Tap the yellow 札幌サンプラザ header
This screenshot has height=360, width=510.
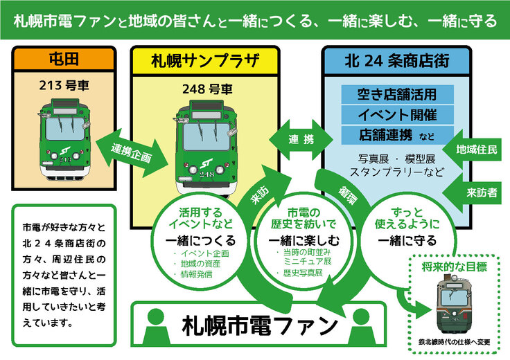click(x=205, y=60)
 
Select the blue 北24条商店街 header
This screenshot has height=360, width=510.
click(x=397, y=60)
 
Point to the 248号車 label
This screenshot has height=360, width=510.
click(x=206, y=89)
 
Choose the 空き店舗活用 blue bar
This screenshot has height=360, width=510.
click(x=397, y=94)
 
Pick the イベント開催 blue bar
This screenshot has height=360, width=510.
click(x=397, y=114)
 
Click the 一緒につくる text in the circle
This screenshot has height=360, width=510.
click(x=201, y=240)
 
